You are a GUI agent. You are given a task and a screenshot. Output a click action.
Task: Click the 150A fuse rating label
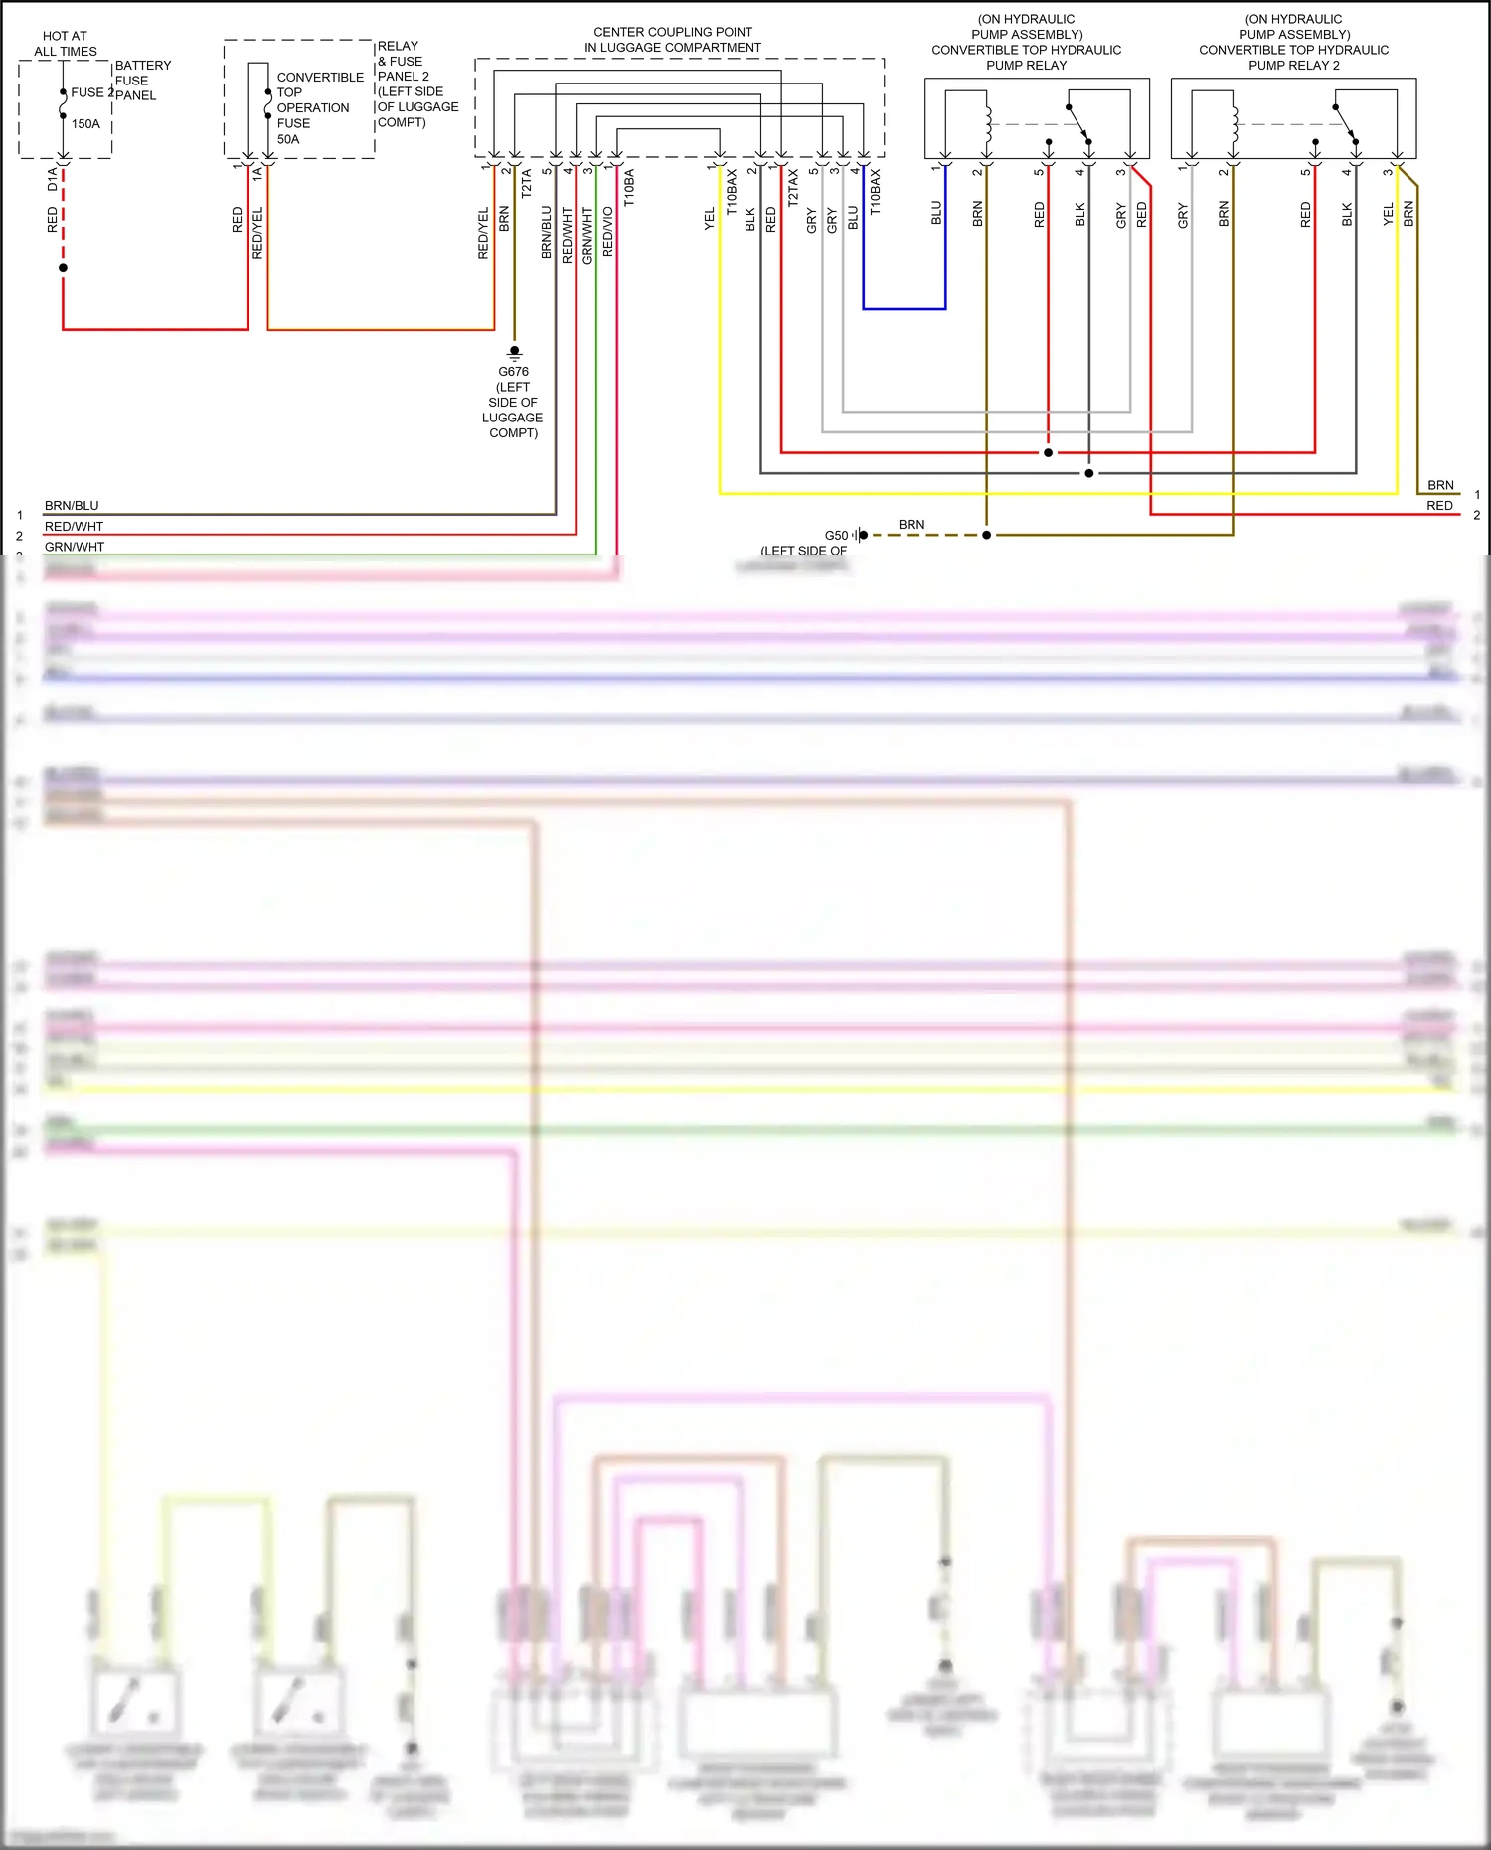coord(85,124)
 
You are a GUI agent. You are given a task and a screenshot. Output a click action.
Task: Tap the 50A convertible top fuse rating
coord(288,139)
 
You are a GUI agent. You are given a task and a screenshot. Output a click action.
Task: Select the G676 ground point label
coord(513,372)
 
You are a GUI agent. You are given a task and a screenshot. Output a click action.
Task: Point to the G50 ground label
coord(836,535)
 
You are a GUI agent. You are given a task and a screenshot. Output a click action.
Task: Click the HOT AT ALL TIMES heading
coord(65,43)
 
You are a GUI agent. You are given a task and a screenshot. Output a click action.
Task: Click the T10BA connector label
coord(629,187)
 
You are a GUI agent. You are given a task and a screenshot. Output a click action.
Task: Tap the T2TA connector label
coord(527,184)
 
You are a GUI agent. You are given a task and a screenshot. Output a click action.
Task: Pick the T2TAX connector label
coord(793,187)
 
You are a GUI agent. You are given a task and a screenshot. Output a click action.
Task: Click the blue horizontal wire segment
coord(904,309)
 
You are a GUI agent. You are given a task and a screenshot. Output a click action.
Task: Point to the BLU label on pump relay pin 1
coord(936,213)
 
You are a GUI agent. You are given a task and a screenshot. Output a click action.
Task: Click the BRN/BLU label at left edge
coord(72,505)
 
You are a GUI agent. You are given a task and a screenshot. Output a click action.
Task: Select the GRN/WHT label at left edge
coord(75,547)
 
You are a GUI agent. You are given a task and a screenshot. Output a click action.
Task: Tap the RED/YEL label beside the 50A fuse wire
coord(258,234)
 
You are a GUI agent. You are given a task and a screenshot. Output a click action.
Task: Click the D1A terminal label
coord(53,179)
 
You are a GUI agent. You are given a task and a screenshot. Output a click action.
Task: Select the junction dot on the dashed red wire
coord(63,268)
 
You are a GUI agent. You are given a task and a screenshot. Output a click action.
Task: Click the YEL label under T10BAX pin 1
coord(709,219)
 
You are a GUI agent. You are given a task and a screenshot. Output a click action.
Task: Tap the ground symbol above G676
coord(514,352)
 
